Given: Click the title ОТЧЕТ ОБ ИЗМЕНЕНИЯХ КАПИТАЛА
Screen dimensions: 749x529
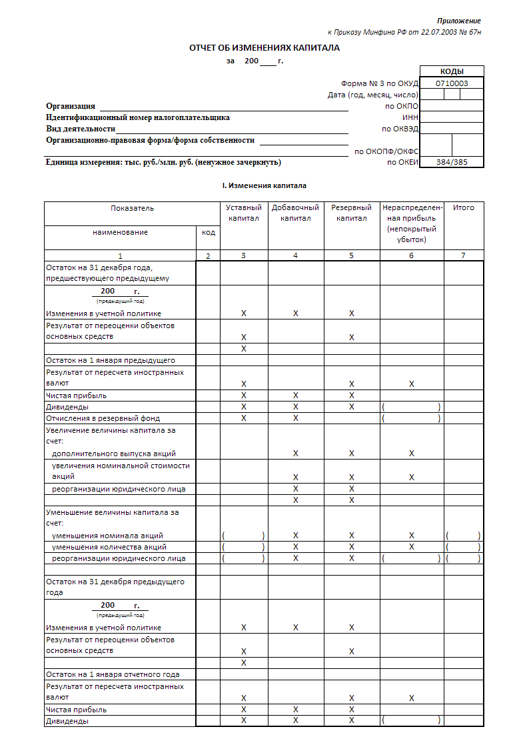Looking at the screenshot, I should (264, 48).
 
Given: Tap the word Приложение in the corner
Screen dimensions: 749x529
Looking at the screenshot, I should (458, 21).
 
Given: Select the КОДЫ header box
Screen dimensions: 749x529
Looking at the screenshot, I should (452, 72).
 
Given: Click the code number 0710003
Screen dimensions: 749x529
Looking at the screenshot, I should (452, 83).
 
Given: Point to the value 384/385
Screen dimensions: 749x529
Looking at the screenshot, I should (452, 162).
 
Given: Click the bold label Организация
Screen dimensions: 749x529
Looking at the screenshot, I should (71, 106).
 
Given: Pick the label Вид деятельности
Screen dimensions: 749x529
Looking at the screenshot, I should (81, 129).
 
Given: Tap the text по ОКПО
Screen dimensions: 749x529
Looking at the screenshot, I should (401, 106).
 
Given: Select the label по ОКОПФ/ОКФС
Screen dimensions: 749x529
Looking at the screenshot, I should (386, 151).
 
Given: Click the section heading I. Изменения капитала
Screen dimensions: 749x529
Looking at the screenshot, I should (264, 185).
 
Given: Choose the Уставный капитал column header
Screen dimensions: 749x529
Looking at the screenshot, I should (244, 213).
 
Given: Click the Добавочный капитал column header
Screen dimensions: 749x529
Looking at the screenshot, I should (295, 213).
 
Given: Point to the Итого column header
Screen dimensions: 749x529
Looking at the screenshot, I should (464, 207).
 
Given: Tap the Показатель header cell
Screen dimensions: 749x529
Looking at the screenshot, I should (132, 207).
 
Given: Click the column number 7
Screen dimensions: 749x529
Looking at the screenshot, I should (464, 255).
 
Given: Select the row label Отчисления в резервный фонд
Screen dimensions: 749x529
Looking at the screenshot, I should (103, 418).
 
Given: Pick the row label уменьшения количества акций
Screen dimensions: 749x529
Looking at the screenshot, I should (109, 547).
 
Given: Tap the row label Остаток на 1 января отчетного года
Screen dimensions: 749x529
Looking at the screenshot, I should (112, 674).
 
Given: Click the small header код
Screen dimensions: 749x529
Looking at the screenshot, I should (209, 232).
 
